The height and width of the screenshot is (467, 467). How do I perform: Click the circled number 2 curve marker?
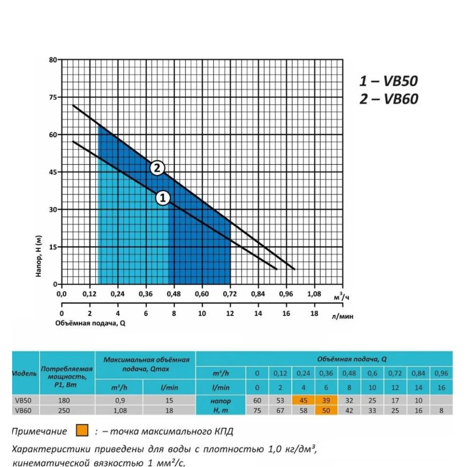click(157, 168)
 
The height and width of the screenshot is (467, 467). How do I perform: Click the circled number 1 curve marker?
click(163, 198)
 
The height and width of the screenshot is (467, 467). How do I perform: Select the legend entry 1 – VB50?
click(389, 81)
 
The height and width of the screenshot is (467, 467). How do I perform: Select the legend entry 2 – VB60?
click(389, 99)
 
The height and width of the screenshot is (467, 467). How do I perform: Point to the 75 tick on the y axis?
click(53, 97)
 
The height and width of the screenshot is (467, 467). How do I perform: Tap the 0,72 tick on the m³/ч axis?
click(230, 294)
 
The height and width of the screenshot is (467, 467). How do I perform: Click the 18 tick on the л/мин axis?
click(314, 313)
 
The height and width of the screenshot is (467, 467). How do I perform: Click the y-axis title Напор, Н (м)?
click(39, 256)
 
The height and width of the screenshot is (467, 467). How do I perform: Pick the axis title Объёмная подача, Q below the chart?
click(90, 323)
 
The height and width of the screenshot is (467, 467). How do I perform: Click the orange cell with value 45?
click(303, 400)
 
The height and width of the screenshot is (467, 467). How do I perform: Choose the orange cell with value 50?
click(326, 410)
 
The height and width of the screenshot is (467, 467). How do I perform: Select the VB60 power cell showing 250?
click(64, 410)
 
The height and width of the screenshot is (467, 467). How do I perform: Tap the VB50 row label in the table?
click(23, 400)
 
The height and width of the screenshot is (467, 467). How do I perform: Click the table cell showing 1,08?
click(120, 410)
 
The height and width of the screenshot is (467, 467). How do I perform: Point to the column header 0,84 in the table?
click(418, 373)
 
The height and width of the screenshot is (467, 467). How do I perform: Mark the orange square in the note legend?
click(82, 431)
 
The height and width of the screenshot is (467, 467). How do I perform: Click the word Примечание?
click(39, 431)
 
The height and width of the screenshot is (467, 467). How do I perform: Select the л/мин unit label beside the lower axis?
click(342, 316)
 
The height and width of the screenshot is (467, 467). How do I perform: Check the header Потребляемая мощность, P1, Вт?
click(66, 377)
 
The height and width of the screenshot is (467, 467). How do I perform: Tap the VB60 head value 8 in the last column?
click(441, 410)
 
